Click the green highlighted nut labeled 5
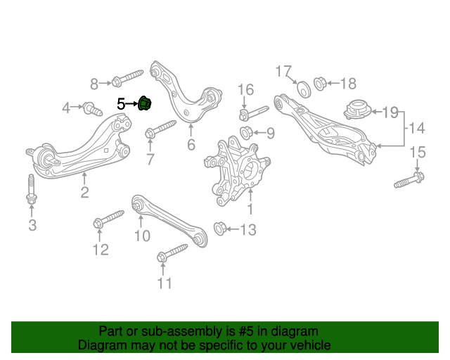click(x=145, y=103)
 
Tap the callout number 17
click(x=283, y=71)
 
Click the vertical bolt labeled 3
click(x=31, y=189)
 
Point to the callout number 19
click(x=391, y=112)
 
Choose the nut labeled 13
click(x=220, y=229)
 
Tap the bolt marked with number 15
click(x=409, y=179)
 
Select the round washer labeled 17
click(x=304, y=89)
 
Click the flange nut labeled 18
click(x=320, y=84)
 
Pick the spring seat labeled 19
click(x=358, y=110)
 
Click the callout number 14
click(x=416, y=128)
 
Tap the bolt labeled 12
click(x=108, y=219)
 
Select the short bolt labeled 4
click(x=93, y=109)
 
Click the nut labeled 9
click(x=246, y=133)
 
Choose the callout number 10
click(x=142, y=236)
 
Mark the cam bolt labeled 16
click(x=254, y=114)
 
